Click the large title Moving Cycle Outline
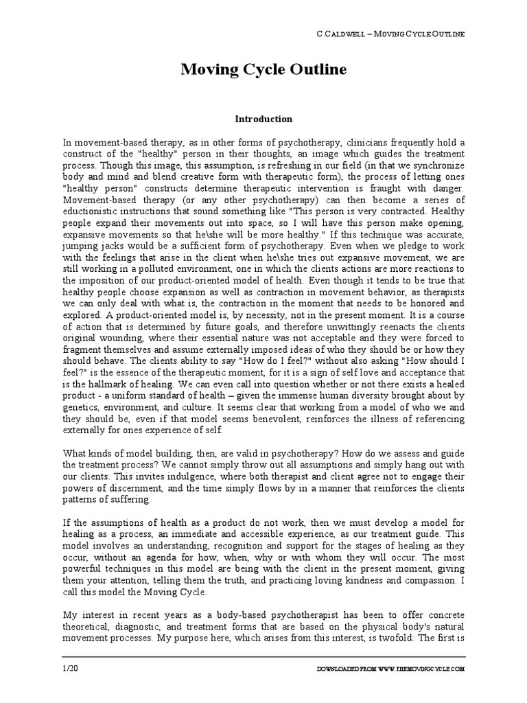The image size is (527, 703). tap(263, 71)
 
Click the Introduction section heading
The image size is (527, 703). tap(263, 119)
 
